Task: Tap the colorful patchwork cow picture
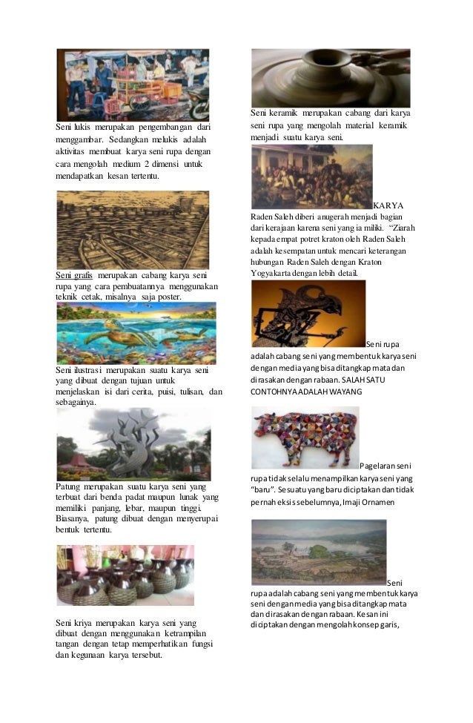(305, 438)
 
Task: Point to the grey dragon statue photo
(133, 445)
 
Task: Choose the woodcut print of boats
(133, 230)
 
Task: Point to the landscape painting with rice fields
(319, 552)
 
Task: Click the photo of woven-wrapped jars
(125, 575)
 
